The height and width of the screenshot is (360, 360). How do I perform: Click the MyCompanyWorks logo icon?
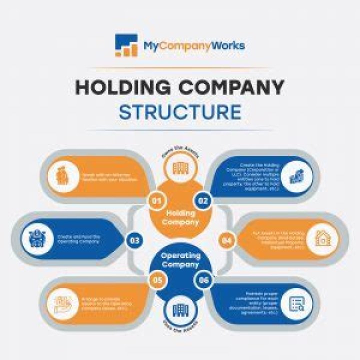(126, 45)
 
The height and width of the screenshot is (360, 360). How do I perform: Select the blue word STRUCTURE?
(180, 112)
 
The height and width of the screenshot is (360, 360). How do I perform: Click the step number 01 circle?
(156, 201)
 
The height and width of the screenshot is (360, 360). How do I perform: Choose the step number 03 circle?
(134, 240)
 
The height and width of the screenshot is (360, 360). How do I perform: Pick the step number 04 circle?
(226, 240)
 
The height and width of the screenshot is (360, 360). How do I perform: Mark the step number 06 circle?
(203, 281)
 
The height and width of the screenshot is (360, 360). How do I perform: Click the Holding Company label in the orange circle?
(180, 217)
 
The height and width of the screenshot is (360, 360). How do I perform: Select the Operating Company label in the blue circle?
(180, 260)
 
